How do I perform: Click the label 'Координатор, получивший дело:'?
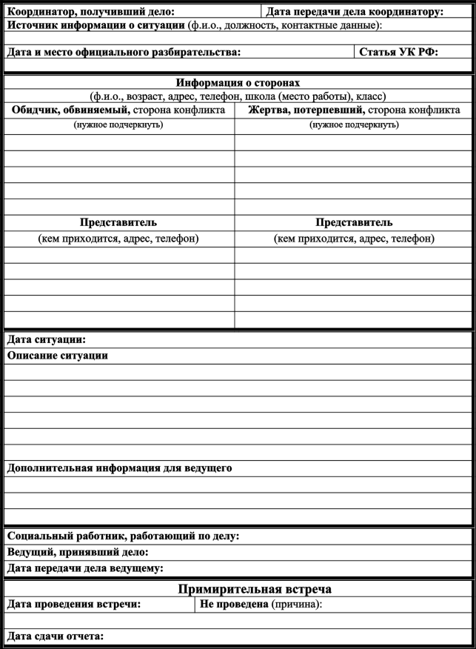[x=91, y=11]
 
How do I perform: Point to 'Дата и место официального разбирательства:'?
[x=124, y=53]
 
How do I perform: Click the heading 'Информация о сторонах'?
[x=238, y=83]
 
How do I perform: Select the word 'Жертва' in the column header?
[x=269, y=110]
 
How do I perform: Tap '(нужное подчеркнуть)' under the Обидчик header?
[x=118, y=124]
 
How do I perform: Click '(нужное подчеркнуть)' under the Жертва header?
[x=354, y=124]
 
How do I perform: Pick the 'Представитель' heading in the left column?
[x=118, y=222]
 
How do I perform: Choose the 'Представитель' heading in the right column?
[x=354, y=222]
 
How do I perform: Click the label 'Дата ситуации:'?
[x=47, y=340]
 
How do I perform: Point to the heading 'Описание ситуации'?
[x=58, y=356]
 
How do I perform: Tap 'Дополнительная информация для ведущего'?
[x=119, y=468]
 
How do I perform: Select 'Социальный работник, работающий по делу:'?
[x=123, y=536]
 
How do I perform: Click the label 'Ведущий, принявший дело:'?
[x=78, y=552]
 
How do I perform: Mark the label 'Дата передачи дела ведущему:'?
[x=85, y=568]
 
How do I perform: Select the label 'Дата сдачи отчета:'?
[x=56, y=636]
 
